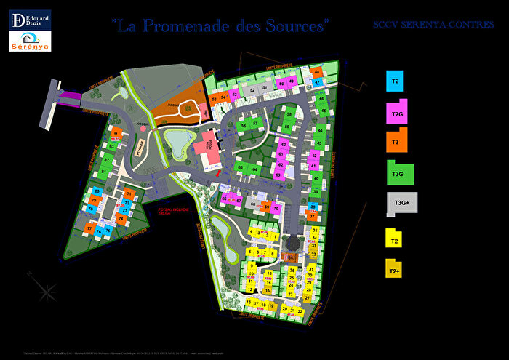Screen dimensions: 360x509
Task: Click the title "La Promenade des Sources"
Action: pos(220,25)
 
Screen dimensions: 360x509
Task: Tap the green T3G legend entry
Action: pos(399,173)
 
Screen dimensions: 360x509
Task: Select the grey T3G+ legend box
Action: pos(402,204)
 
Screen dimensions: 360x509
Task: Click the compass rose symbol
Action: pos(48,291)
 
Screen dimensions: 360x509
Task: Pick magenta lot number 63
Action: pos(278,175)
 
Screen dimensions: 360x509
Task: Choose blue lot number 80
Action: pos(95,191)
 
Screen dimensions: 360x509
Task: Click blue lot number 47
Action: pos(316,72)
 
